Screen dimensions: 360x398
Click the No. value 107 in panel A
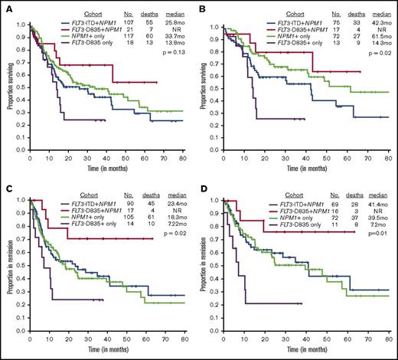click(x=128, y=25)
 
